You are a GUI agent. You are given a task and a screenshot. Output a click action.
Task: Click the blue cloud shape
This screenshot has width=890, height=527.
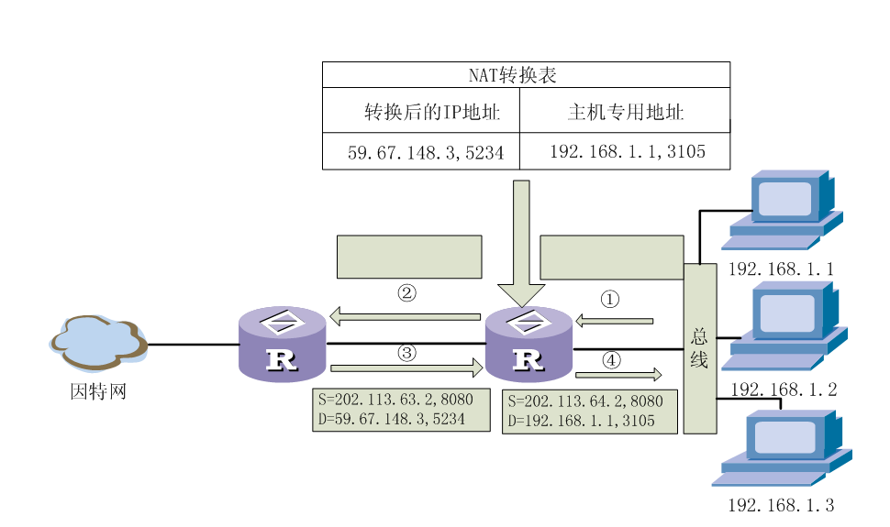click(98, 342)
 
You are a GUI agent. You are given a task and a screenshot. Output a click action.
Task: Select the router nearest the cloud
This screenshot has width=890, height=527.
click(282, 345)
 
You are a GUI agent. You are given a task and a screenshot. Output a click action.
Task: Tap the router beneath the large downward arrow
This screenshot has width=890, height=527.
click(528, 345)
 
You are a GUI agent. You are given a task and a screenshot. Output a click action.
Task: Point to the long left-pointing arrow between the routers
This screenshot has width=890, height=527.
click(405, 317)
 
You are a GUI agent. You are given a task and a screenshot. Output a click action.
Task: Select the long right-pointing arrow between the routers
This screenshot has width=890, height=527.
click(406, 368)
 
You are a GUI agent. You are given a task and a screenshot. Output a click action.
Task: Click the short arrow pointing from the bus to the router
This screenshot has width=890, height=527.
click(614, 321)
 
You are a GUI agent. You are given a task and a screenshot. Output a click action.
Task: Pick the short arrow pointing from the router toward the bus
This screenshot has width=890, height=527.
click(617, 374)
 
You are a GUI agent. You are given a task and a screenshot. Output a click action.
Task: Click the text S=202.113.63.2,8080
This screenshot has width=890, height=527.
click(395, 401)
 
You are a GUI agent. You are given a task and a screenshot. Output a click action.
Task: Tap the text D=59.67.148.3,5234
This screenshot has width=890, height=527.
click(392, 420)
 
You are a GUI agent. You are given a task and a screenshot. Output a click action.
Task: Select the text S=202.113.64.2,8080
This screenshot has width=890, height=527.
click(585, 401)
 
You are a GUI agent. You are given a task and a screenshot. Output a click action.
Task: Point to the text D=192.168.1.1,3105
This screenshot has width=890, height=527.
click(581, 422)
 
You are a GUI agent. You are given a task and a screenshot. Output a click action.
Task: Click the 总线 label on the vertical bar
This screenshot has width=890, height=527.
click(699, 348)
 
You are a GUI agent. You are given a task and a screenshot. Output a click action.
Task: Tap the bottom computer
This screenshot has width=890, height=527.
click(781, 447)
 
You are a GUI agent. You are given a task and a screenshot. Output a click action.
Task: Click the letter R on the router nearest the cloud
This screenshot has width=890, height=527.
click(282, 360)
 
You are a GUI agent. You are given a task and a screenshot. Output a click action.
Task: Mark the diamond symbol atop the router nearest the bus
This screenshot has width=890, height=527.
click(528, 323)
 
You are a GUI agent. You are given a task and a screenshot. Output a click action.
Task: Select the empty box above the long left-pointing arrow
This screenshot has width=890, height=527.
click(409, 257)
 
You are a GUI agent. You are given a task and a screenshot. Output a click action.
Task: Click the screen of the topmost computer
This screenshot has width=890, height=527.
click(784, 198)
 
